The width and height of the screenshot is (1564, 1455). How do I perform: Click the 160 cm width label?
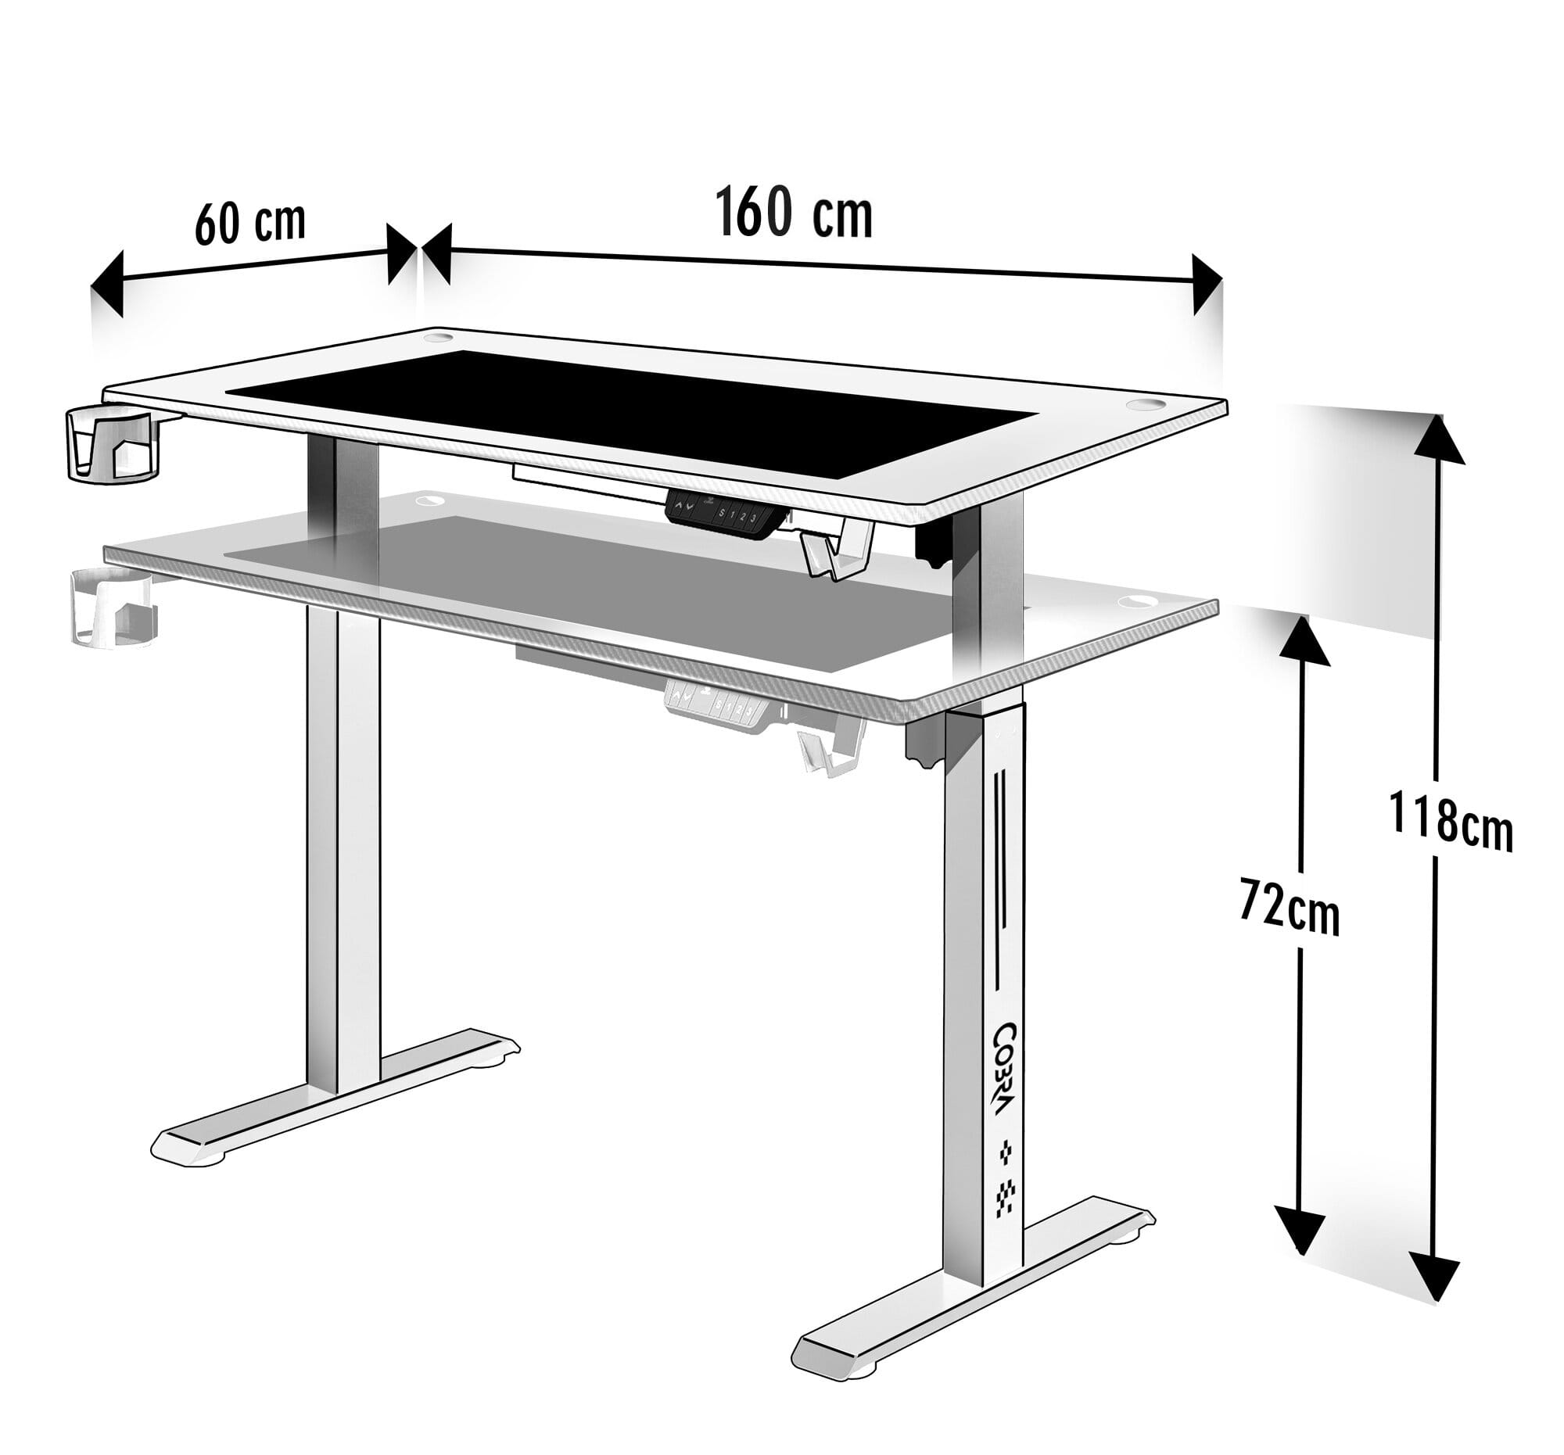coord(794,213)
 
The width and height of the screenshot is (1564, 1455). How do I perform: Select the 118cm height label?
coord(1450,821)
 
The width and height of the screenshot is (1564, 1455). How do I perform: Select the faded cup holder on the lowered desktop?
coord(114,607)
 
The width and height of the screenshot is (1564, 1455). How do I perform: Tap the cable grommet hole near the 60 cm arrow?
coord(433,338)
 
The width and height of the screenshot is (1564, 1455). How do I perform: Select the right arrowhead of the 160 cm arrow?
coord(1207,284)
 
